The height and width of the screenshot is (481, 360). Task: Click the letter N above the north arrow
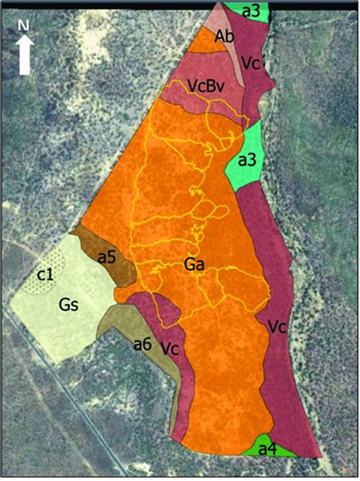(x=24, y=25)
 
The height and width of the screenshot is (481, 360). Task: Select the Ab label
(x=223, y=36)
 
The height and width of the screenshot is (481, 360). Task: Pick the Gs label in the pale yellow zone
(x=70, y=304)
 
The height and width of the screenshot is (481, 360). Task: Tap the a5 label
(x=108, y=258)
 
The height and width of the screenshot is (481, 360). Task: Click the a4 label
(x=267, y=448)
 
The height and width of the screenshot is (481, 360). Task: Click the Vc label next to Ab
(x=251, y=61)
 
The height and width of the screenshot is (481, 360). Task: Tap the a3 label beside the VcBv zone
(x=248, y=160)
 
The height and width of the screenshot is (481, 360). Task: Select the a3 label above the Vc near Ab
(x=254, y=10)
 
